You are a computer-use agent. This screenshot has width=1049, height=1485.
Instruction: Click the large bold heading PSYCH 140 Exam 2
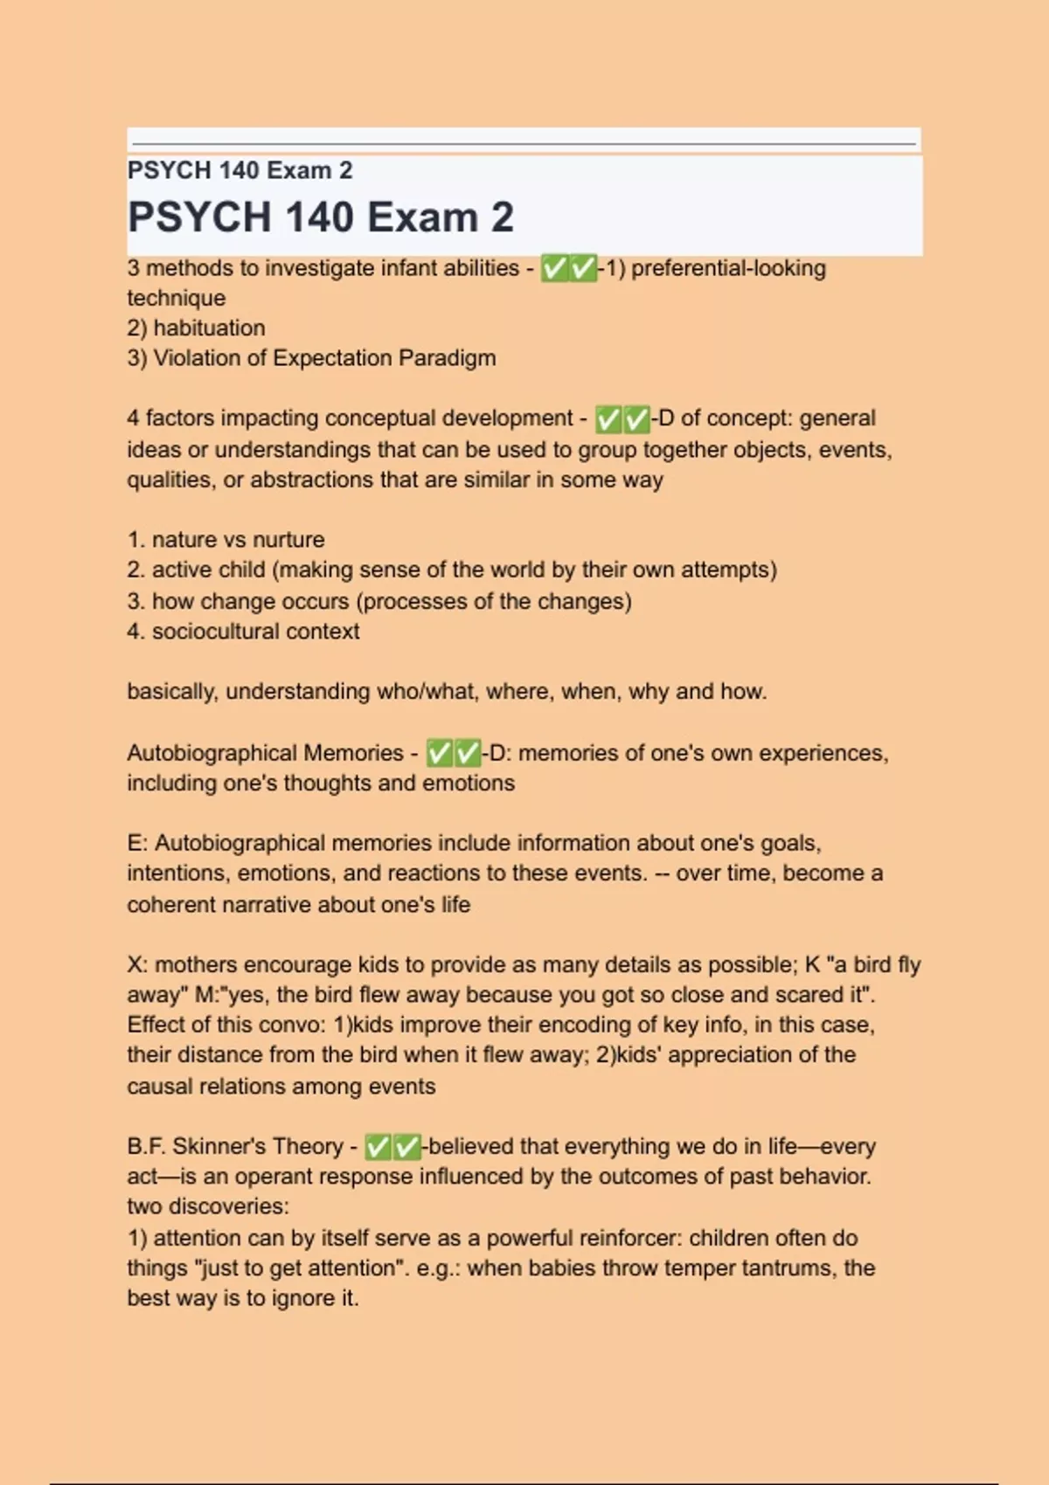click(x=320, y=218)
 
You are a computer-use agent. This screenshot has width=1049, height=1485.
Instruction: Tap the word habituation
click(x=209, y=328)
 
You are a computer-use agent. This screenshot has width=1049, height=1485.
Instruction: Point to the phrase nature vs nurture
click(x=238, y=540)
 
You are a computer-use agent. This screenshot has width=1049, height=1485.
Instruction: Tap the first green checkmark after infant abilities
click(x=554, y=268)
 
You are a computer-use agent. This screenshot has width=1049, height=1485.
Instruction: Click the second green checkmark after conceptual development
click(x=636, y=419)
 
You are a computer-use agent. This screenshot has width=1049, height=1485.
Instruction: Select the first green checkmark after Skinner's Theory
click(x=378, y=1146)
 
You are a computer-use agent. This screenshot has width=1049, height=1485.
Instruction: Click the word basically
click(x=171, y=692)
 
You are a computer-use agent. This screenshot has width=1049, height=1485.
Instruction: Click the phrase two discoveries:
click(x=208, y=1206)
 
